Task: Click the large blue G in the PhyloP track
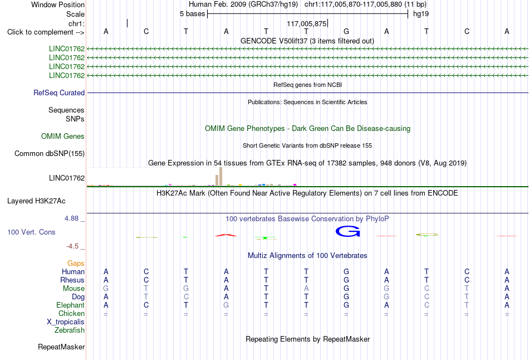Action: click(347, 231)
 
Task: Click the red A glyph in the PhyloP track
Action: click(226, 235)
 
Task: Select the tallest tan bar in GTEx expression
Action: click(221, 176)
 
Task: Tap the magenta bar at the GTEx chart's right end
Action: click(295, 184)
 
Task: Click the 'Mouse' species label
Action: click(74, 289)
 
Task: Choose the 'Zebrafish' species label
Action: click(70, 330)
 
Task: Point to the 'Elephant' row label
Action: click(71, 305)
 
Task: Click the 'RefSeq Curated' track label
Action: click(59, 93)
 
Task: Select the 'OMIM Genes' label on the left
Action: click(63, 136)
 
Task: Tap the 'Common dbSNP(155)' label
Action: click(50, 154)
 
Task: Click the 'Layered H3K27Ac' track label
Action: click(36, 201)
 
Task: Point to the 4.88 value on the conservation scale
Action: click(71, 218)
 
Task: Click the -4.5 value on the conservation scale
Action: click(72, 246)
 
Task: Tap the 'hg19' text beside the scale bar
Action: click(421, 14)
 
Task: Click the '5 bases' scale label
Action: click(192, 14)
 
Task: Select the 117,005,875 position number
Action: click(307, 23)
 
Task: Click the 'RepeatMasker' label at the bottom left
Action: click(61, 347)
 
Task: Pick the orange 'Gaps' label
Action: click(76, 263)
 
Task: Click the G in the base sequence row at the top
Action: click(346, 31)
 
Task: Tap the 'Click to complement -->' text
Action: click(46, 32)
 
